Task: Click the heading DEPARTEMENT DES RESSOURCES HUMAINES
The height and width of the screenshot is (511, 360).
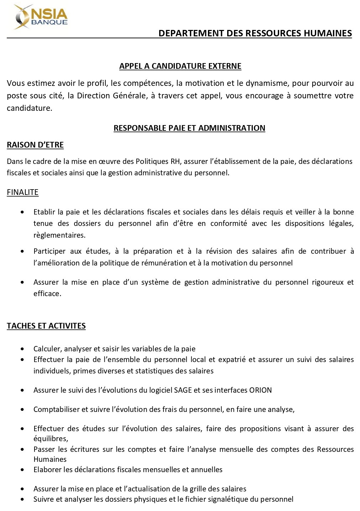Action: tap(255, 33)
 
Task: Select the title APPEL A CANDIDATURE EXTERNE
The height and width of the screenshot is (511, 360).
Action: tap(180, 66)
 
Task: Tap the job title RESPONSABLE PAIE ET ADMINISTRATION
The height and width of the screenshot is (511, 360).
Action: tap(189, 128)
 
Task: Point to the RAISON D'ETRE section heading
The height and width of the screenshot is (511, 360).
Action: tap(35, 145)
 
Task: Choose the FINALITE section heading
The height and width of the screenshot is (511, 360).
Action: tap(22, 192)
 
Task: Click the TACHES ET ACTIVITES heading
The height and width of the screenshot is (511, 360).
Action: tap(46, 326)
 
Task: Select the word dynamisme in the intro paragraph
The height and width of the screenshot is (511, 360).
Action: tap(268, 83)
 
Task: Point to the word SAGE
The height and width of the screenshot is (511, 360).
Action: tap(183, 390)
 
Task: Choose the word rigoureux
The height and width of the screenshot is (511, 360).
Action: tap(328, 282)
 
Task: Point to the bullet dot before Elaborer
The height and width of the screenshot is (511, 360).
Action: tap(23, 470)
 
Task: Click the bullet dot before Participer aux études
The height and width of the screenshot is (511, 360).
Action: tap(23, 251)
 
